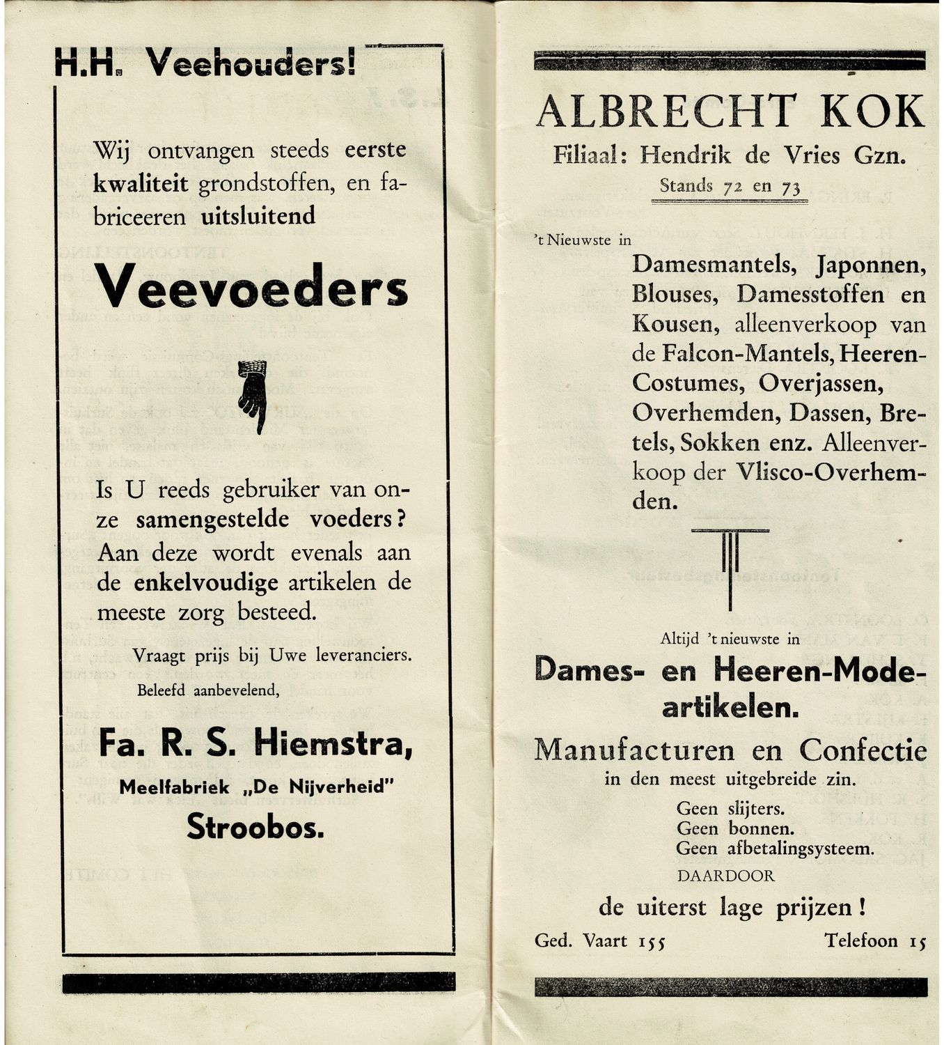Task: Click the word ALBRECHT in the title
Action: click(x=666, y=111)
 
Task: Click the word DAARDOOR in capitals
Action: click(x=725, y=876)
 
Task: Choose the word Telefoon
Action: click(x=861, y=941)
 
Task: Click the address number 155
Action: click(x=652, y=942)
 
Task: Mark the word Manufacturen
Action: click(x=634, y=750)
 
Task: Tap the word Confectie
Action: click(x=863, y=750)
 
